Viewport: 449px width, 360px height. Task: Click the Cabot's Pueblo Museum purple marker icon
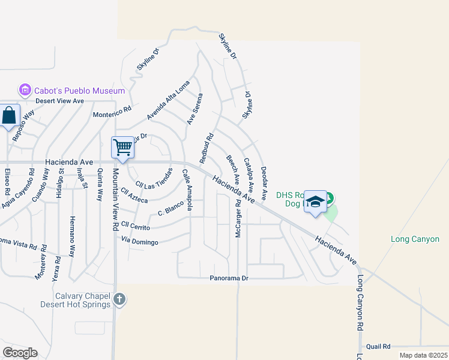coord(25,91)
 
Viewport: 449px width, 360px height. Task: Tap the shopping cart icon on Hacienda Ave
coord(122,147)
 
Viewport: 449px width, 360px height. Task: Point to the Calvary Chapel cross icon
coord(119,298)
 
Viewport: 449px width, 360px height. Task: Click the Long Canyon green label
coord(415,239)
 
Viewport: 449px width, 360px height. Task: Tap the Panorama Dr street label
coord(229,278)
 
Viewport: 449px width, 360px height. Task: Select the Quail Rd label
coord(378,346)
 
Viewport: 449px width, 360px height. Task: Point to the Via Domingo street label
coord(139,242)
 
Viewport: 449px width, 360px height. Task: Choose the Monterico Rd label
coord(112,112)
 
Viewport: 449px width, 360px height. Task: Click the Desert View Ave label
coord(59,101)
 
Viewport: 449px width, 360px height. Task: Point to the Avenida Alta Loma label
coord(168,100)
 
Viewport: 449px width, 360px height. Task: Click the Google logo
coord(20,353)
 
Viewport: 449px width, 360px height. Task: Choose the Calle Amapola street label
coord(187,190)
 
